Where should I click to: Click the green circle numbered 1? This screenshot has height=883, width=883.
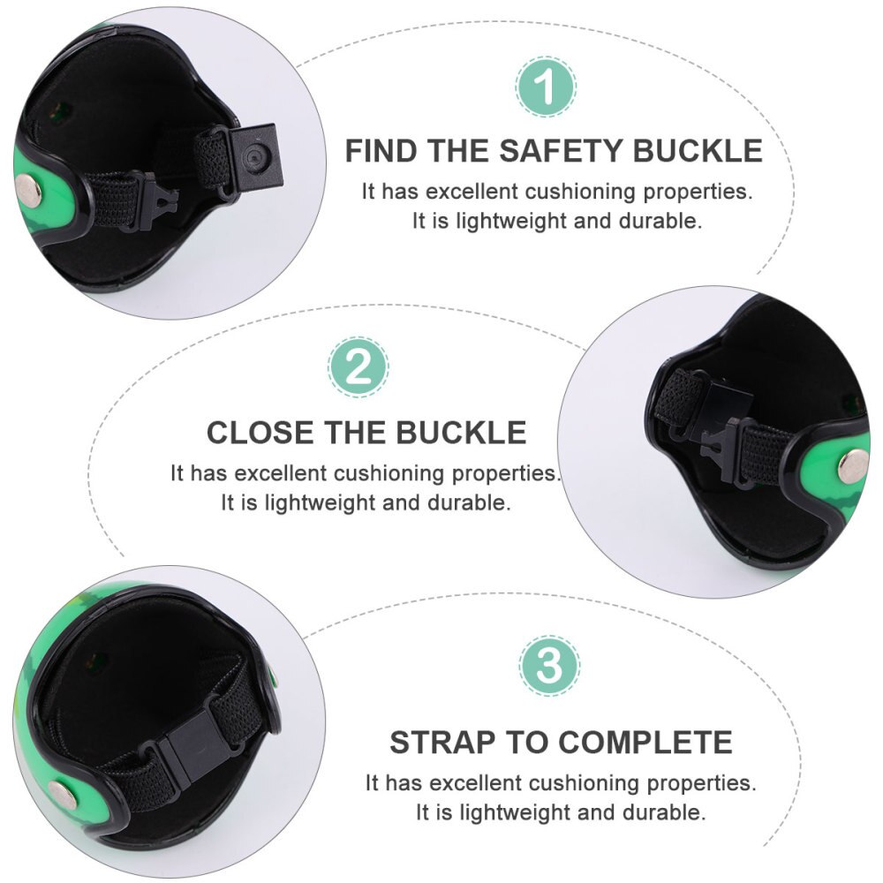point(546,87)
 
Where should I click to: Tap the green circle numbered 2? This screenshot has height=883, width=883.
point(358,367)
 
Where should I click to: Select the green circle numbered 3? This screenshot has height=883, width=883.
point(549,665)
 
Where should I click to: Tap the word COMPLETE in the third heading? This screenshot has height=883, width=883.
point(645,742)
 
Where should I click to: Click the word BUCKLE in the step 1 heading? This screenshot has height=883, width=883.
point(698,151)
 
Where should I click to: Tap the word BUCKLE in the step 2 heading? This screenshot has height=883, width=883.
point(461,433)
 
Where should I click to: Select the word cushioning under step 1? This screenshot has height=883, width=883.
point(581,192)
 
